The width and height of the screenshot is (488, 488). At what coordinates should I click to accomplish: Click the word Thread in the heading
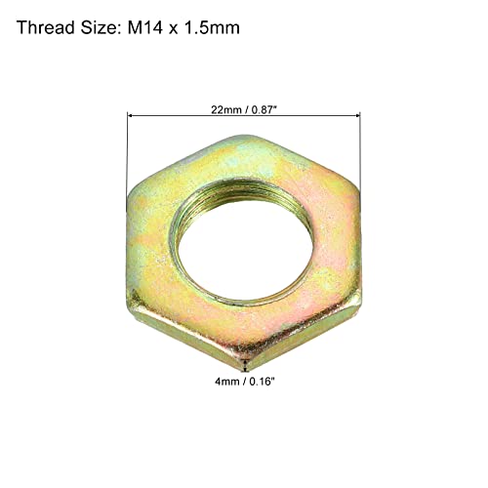(45, 28)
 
